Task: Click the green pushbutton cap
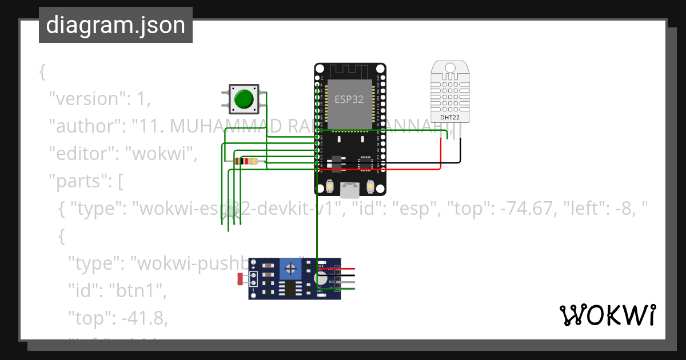(244, 99)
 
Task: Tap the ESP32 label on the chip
(349, 99)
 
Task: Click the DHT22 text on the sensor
(449, 117)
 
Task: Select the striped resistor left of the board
(246, 162)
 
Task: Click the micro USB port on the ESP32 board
(350, 189)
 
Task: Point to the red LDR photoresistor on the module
(240, 279)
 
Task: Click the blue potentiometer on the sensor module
(291, 268)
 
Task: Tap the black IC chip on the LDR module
(291, 289)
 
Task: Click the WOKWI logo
(607, 315)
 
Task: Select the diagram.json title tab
(115, 25)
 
